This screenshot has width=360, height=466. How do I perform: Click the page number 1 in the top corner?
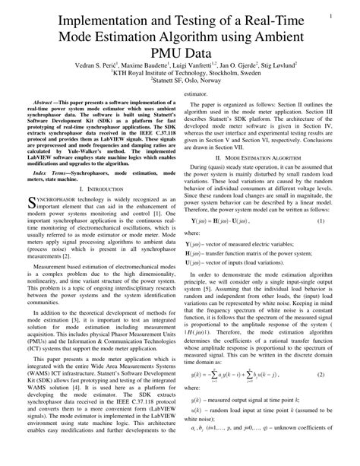(332, 15)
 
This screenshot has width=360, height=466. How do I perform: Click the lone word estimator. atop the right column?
(195, 94)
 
